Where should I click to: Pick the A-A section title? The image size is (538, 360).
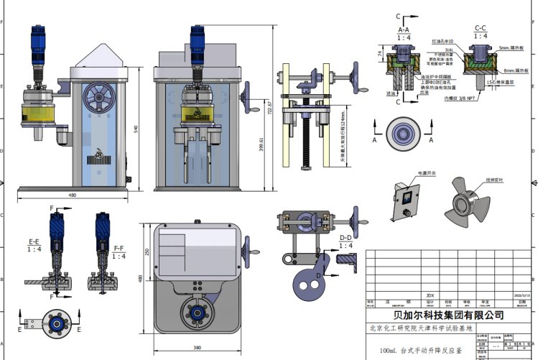[404, 29]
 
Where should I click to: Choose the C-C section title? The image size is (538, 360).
[481, 27]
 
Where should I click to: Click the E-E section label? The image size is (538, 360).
[34, 241]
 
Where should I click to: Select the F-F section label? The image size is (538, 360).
[119, 247]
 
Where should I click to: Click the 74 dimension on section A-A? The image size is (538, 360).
[379, 53]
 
